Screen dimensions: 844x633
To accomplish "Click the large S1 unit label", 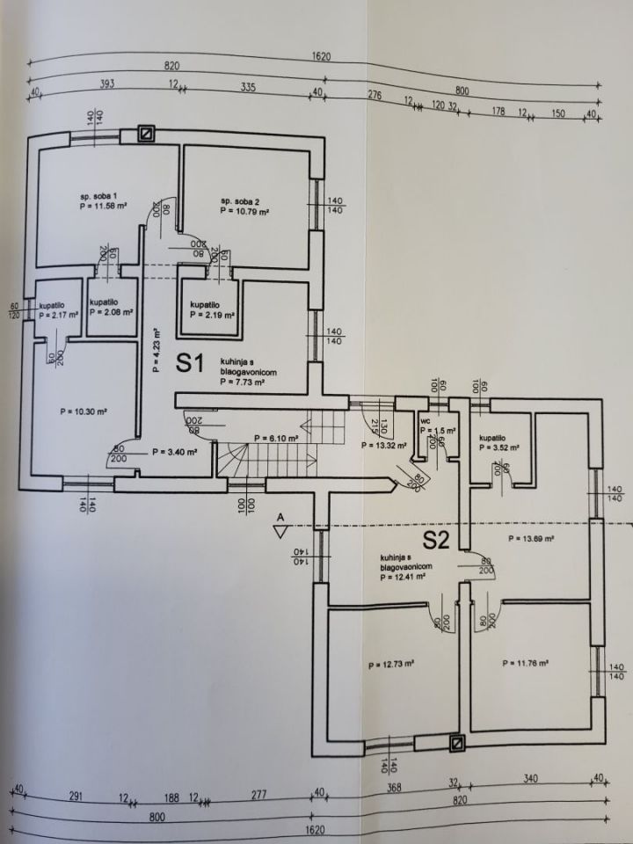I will coord(190,363).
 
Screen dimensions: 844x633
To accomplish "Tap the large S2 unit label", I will coord(436,539).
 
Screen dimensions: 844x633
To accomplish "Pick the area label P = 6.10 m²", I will coord(275,438).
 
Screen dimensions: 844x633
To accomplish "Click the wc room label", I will coord(425,421).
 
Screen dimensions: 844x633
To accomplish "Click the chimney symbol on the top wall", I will coord(148,134).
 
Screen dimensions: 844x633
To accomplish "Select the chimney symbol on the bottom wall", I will coord(457,744).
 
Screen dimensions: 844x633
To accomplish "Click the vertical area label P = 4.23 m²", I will coord(157,351).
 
